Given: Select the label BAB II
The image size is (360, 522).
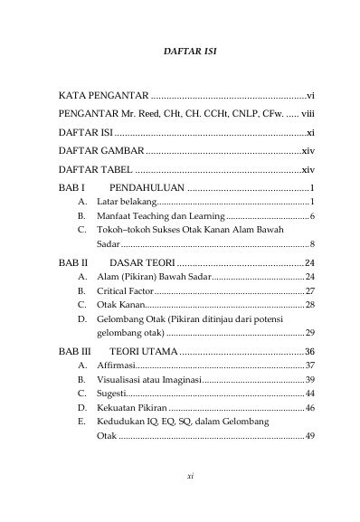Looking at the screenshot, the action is (x=71, y=262).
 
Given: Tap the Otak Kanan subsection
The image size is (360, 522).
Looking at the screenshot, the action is (x=120, y=306).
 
